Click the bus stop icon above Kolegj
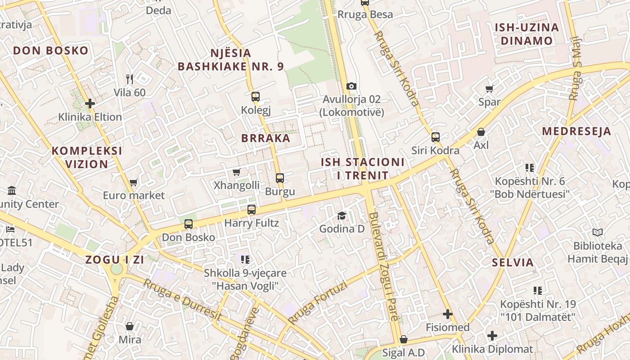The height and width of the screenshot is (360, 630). (x=255, y=96)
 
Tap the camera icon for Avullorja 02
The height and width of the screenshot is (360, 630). (x=351, y=85)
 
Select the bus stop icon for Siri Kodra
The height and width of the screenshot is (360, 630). (x=435, y=137)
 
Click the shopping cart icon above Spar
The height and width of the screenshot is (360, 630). (x=489, y=89)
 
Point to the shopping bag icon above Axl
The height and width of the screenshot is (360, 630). (x=481, y=132)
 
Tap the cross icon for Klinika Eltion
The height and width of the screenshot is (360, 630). (x=90, y=103)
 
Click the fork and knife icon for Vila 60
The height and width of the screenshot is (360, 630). (x=130, y=79)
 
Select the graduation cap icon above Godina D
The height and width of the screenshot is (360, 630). (x=342, y=216)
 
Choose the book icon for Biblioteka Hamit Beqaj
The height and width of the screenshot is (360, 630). (x=597, y=233)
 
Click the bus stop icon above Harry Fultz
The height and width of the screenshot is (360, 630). (x=252, y=209)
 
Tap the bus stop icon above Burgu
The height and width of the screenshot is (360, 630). (x=280, y=178)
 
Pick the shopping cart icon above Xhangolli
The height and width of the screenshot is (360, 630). (x=236, y=172)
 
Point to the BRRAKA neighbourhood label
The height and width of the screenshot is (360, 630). (x=265, y=138)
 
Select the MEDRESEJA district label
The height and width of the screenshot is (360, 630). (x=576, y=131)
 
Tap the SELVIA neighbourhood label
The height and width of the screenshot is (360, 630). (x=513, y=262)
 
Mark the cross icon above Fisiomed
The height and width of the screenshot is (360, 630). (x=447, y=314)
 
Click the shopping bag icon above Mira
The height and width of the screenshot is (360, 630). (x=130, y=326)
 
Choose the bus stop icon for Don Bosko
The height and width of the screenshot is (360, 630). (x=189, y=224)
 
